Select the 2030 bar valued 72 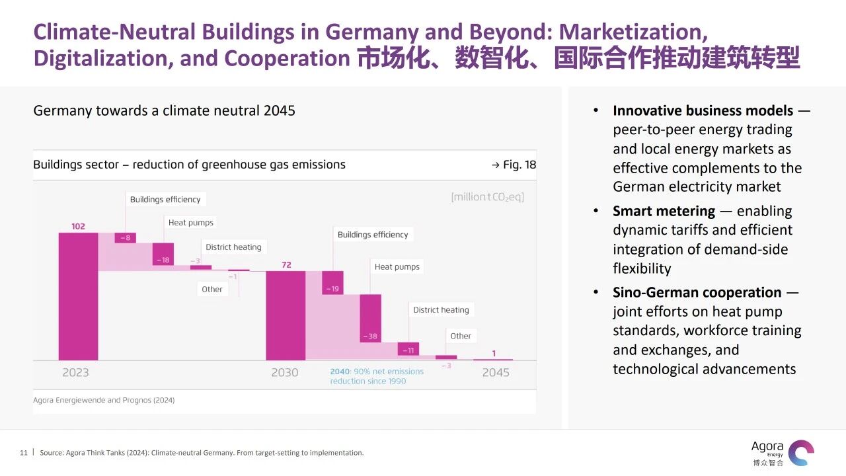click(286, 315)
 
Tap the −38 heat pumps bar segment click(371, 318)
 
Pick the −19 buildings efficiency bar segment click(332, 282)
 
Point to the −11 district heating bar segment click(408, 349)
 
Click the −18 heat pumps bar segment click(163, 255)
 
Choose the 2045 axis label click(496, 372)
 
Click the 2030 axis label click(285, 372)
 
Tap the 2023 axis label click(75, 372)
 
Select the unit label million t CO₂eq click(487, 197)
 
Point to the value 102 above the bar click(78, 226)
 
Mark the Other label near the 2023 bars click(212, 289)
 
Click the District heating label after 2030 click(441, 309)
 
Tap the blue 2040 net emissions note click(377, 376)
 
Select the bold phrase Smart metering click(664, 212)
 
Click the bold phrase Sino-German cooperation click(697, 292)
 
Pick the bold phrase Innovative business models click(703, 110)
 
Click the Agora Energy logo click(783, 453)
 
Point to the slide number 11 click(24, 453)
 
